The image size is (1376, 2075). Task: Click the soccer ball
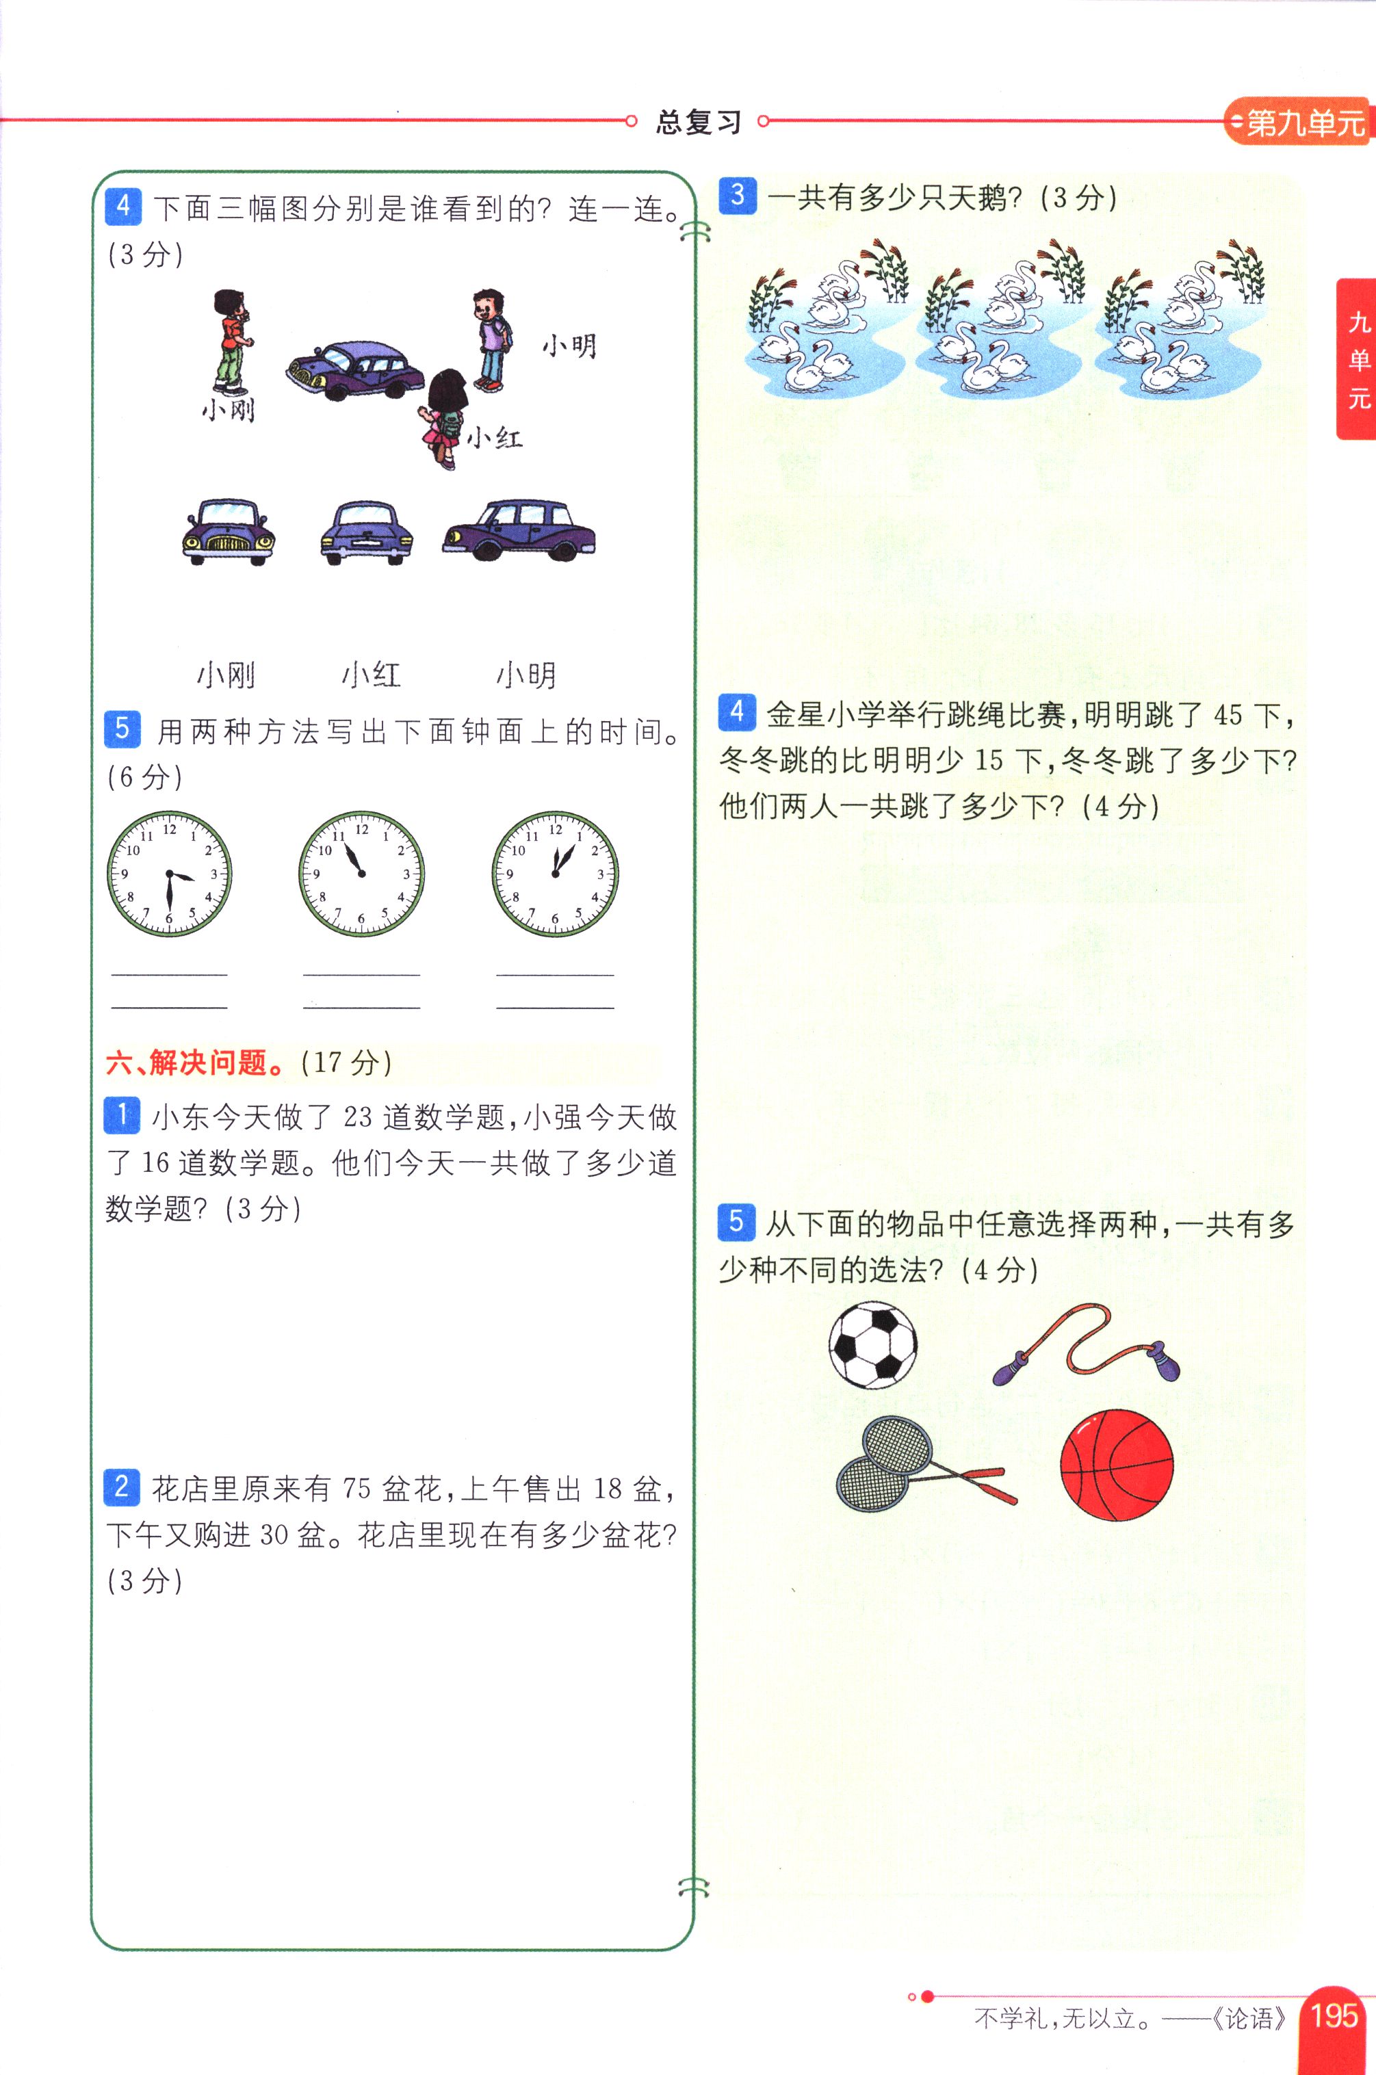tap(872, 1345)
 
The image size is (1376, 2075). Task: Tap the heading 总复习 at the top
tap(699, 121)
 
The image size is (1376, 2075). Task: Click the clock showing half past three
tap(170, 874)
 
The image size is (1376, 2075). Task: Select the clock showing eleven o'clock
tap(361, 874)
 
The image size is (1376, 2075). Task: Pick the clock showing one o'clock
tap(555, 874)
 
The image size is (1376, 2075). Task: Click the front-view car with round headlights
tap(228, 532)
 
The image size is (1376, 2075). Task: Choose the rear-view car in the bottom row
tap(366, 532)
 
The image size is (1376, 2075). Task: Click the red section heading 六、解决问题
tap(195, 1062)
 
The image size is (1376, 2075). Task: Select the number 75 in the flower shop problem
tap(357, 1488)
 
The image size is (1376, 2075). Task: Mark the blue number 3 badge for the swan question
tap(737, 195)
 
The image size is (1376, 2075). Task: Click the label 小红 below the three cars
tap(372, 675)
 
